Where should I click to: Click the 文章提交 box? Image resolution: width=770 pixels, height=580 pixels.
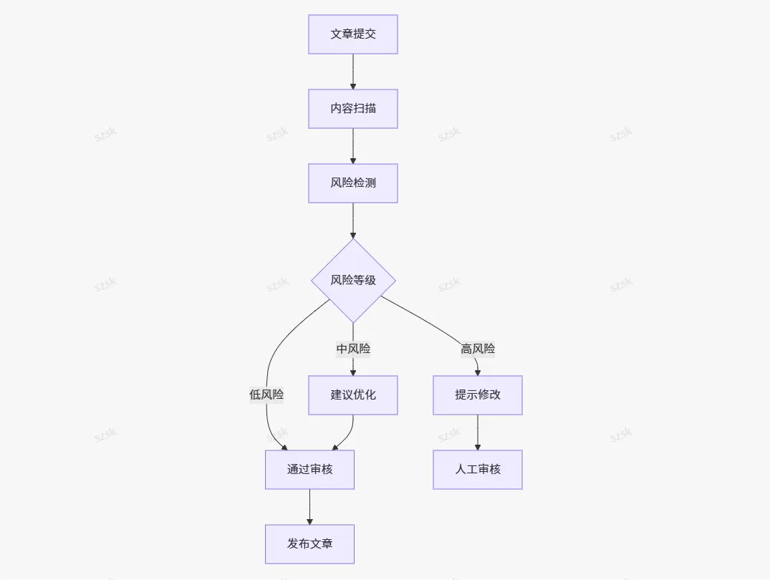click(x=353, y=34)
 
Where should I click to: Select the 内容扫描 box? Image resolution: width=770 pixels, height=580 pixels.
click(x=353, y=109)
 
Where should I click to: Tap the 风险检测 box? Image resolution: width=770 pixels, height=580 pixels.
click(x=353, y=183)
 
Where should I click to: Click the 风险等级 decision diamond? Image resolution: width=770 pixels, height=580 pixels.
click(x=353, y=281)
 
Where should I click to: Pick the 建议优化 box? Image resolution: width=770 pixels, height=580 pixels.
click(x=353, y=395)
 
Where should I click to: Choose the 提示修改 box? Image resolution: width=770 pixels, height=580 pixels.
click(x=478, y=395)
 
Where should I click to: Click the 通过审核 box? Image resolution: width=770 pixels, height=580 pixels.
click(x=310, y=470)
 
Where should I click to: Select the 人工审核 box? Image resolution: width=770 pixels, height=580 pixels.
click(x=478, y=470)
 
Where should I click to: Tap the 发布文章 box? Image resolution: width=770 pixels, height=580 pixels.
click(x=310, y=544)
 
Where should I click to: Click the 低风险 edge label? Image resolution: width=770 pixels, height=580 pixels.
click(x=266, y=395)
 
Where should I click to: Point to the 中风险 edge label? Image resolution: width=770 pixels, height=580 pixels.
click(x=353, y=349)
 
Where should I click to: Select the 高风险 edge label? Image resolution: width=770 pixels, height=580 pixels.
click(x=478, y=349)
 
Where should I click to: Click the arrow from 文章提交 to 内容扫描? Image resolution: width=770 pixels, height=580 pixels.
click(x=353, y=72)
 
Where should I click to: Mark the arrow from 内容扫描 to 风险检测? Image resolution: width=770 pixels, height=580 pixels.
click(x=353, y=146)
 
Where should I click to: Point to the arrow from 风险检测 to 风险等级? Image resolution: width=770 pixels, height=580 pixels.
click(x=353, y=221)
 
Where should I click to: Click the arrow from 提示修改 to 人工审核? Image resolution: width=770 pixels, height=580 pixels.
click(x=478, y=432)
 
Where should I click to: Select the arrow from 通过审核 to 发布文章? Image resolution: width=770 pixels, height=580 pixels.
click(x=310, y=507)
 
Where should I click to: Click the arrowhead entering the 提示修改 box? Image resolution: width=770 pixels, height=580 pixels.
click(x=478, y=373)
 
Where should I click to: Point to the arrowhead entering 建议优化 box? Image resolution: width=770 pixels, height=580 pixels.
click(x=353, y=373)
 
